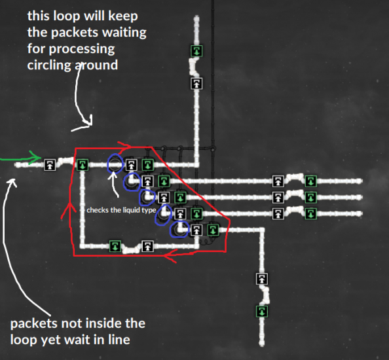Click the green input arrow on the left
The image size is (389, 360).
(x=21, y=158)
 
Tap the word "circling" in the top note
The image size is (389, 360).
(x=49, y=65)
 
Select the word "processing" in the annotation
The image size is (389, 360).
(x=82, y=49)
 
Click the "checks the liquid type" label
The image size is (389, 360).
(x=121, y=210)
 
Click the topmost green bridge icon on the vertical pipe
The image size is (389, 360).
(x=196, y=51)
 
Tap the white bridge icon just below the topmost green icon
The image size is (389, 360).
(x=196, y=83)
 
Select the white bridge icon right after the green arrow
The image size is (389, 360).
(x=50, y=165)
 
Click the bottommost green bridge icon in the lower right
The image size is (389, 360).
(x=262, y=312)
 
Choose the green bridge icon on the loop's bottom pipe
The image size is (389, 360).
(x=115, y=246)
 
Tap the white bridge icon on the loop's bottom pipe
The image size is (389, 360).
(x=147, y=246)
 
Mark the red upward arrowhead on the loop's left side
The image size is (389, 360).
(x=69, y=210)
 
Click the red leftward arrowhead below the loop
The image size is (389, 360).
(x=170, y=256)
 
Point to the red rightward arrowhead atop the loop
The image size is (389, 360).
(x=124, y=145)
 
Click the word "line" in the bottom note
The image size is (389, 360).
(x=119, y=340)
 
